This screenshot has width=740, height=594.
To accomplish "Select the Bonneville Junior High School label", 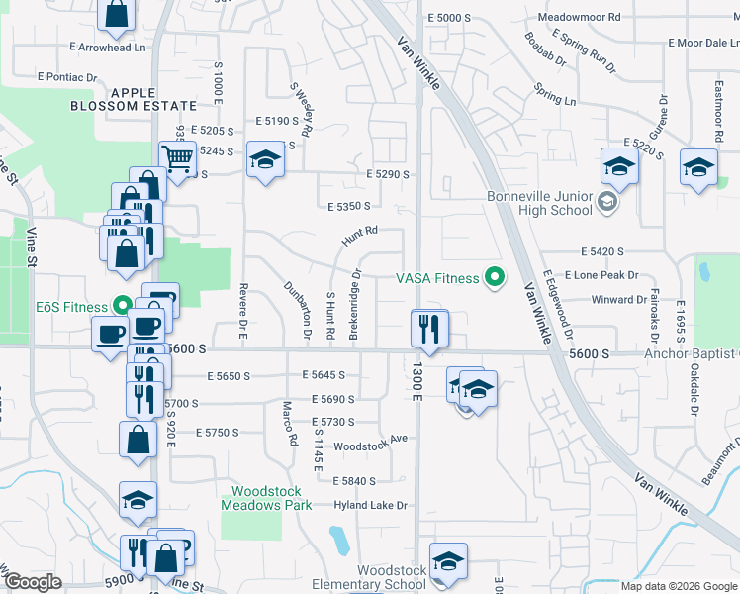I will click(540, 203).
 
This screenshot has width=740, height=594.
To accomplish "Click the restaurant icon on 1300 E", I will click(429, 329).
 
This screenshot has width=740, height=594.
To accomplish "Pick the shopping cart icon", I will click(177, 158).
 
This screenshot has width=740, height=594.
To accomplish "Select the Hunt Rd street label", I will click(360, 236).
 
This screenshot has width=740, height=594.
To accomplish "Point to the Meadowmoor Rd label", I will click(579, 18).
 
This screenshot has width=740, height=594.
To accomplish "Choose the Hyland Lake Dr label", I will click(371, 505).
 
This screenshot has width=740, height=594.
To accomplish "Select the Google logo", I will click(33, 582).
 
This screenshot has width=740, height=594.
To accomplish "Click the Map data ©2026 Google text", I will click(679, 586).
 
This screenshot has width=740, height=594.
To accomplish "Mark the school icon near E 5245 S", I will click(264, 162).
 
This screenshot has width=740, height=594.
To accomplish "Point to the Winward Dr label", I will click(618, 299).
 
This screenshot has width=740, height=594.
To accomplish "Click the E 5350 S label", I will click(348, 206).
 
